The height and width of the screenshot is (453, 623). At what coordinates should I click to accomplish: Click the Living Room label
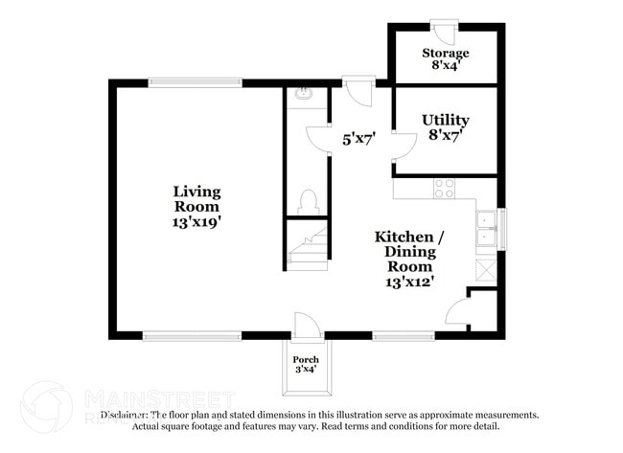point(196,198)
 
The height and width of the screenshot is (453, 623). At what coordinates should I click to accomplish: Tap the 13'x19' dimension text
point(196,221)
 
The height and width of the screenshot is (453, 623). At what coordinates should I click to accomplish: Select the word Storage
point(446,53)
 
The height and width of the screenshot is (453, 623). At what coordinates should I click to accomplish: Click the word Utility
point(446,120)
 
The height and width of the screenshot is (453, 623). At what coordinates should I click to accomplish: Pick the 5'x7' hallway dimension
point(358,139)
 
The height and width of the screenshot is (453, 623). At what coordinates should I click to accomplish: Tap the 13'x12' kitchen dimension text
point(410,282)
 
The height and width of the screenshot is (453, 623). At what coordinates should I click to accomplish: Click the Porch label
point(307,359)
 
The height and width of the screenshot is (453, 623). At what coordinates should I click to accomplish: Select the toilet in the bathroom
point(308,202)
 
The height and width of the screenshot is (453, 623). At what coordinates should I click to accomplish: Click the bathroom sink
point(304,94)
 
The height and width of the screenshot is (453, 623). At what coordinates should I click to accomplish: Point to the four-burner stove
point(444,188)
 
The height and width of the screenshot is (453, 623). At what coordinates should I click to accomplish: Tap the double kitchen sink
point(488,229)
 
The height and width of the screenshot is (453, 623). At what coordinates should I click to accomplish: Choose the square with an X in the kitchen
point(488,269)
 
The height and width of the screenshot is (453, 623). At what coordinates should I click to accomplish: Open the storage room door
point(444,31)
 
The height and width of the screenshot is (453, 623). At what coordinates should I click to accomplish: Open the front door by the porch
point(307,325)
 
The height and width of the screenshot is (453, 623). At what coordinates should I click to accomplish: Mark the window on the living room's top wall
point(195,83)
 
